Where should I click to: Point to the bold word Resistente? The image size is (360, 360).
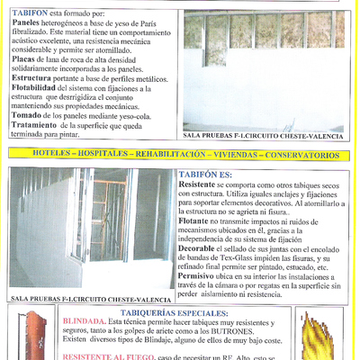click(197, 184)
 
